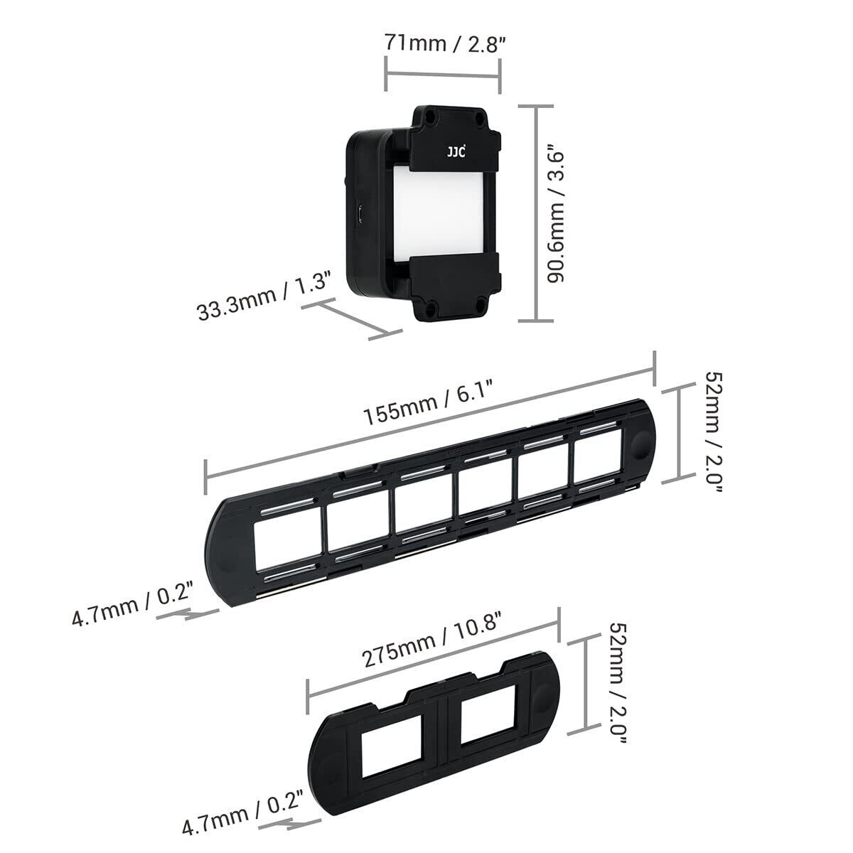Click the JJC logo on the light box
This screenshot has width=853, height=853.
456,152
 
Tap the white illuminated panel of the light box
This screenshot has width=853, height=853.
436,212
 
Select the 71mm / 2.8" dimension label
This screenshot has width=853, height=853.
444,43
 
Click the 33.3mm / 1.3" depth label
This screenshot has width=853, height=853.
264,295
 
